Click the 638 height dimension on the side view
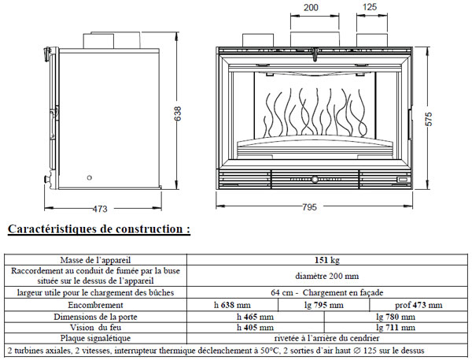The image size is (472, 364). click(x=178, y=113)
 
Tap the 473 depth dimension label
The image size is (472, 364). click(x=100, y=209)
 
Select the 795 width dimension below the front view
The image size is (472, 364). click(x=309, y=207)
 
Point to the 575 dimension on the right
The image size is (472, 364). click(x=429, y=119)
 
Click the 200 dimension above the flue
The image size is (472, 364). click(x=311, y=7)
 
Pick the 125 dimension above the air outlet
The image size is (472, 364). click(x=370, y=6)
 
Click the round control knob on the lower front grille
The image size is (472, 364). click(x=315, y=179)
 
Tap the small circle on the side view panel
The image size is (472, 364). click(x=89, y=177)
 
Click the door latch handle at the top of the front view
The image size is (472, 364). click(x=315, y=54)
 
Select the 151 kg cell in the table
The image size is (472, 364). click(x=327, y=260)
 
